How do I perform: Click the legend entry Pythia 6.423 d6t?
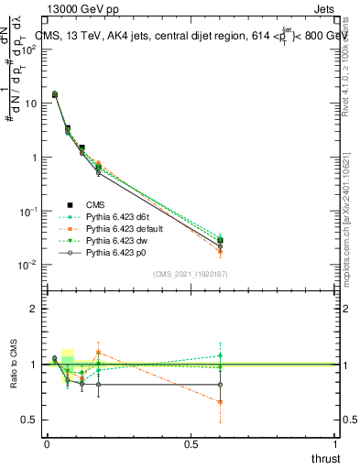click(x=104, y=216)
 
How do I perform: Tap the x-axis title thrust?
click(x=325, y=457)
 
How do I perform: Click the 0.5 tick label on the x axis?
click(x=191, y=444)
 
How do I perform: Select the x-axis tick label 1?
click(x=336, y=444)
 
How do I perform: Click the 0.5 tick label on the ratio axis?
click(x=30, y=420)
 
